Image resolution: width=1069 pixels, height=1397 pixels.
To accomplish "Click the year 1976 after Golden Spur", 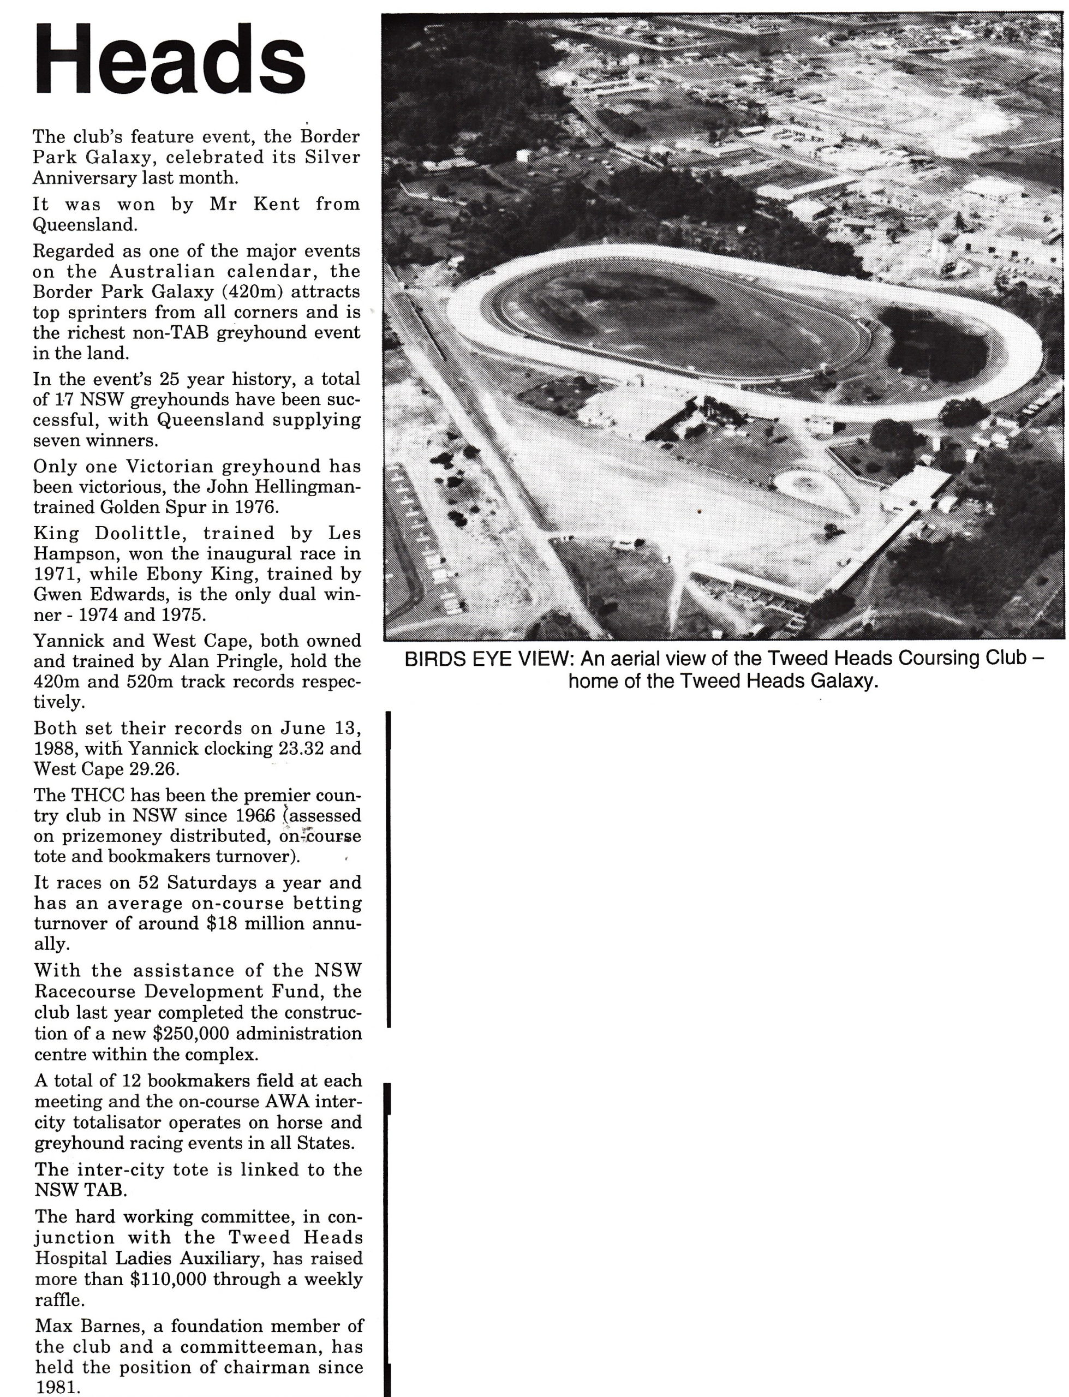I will [256, 508].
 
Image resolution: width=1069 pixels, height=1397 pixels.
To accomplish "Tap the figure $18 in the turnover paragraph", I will [218, 923].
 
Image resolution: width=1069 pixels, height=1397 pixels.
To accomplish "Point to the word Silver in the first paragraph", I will [332, 157].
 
